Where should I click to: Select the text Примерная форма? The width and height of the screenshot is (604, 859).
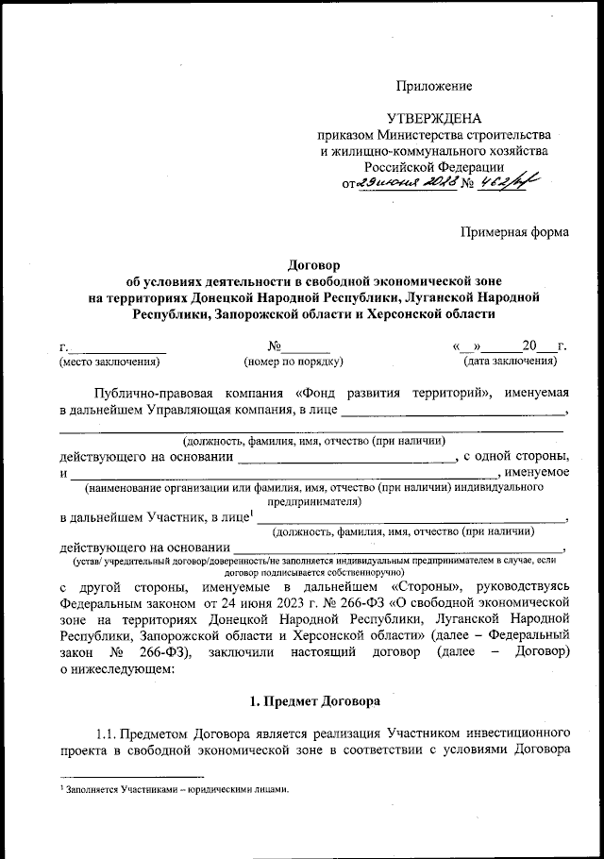pos(514,230)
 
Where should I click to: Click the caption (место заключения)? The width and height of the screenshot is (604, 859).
pos(109,362)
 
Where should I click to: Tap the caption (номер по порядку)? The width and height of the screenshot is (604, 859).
pos(293,362)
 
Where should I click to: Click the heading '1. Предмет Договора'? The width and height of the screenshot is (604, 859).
pos(314,703)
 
